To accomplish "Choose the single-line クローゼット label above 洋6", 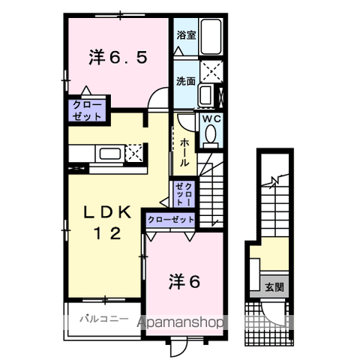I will [x=171, y=220].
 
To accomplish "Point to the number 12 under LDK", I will [x=107, y=232].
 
